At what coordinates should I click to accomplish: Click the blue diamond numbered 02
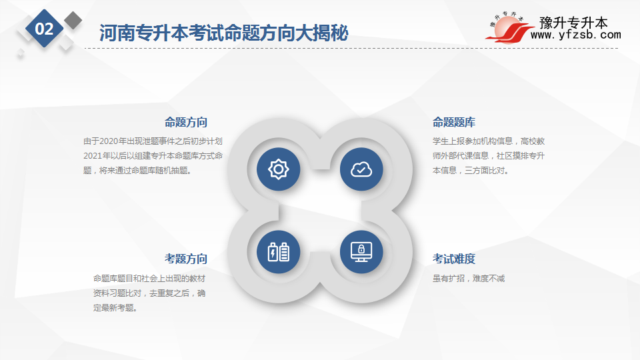tap(44, 29)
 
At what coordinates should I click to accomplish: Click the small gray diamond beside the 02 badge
tap(73, 21)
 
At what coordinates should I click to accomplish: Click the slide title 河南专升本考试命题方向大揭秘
tap(224, 33)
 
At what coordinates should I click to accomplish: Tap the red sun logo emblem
tap(508, 29)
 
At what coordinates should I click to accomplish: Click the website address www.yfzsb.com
tap(575, 35)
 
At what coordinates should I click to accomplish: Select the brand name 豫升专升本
tap(573, 23)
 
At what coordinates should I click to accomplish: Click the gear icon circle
tap(279, 169)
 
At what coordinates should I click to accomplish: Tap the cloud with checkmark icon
tap(361, 169)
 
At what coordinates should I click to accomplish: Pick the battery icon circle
tap(279, 252)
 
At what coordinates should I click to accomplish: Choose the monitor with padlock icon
tap(361, 252)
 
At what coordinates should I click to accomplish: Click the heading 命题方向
tap(186, 122)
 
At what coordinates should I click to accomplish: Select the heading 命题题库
tap(454, 122)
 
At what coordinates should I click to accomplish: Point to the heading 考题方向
tap(186, 259)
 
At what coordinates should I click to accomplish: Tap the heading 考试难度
tap(454, 259)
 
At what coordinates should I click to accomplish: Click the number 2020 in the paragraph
tap(109, 141)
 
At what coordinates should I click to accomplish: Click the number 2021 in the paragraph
tap(93, 156)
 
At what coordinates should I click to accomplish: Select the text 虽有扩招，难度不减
tap(469, 279)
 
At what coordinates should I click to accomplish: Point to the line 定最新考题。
tap(115, 308)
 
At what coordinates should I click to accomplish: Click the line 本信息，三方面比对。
tap(471, 171)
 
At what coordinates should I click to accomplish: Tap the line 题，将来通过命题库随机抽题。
tap(137, 171)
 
